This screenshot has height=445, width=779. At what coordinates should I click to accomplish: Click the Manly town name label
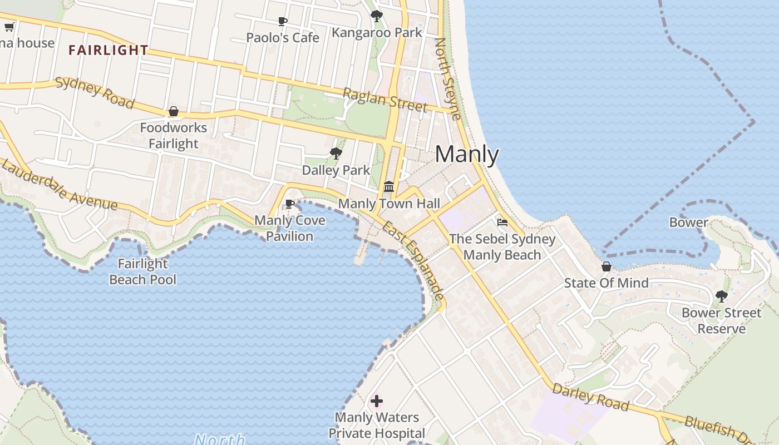tap(466, 155)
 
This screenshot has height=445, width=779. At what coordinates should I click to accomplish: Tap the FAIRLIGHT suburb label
tap(108, 50)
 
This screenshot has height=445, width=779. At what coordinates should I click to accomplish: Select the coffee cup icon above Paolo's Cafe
tap(283, 22)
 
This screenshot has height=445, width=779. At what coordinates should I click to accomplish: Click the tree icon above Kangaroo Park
tap(377, 16)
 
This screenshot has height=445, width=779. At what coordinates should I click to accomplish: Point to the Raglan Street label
tap(384, 100)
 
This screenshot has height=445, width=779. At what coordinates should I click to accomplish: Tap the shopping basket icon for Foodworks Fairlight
tap(174, 112)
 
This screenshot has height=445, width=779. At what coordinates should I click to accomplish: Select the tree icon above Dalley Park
tap(336, 154)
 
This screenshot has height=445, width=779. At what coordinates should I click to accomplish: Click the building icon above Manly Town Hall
tap(389, 187)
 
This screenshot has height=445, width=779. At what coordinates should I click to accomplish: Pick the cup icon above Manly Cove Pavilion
tap(289, 204)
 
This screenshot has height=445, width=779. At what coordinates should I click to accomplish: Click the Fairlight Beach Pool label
tap(142, 271)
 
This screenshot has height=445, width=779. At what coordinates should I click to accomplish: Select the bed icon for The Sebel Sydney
tap(502, 222)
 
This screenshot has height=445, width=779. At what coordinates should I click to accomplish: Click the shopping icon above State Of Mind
tap(607, 267)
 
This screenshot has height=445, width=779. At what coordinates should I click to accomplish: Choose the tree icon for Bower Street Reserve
tap(722, 296)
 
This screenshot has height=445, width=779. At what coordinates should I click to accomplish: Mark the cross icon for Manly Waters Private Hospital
tap(377, 400)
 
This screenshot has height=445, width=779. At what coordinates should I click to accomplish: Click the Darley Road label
tap(590, 397)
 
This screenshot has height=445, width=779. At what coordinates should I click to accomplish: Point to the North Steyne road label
tap(447, 78)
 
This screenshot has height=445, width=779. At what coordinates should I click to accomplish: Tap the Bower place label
tap(688, 222)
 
